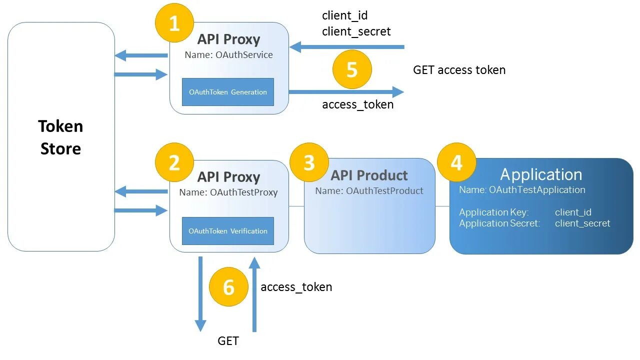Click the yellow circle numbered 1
(x=174, y=23)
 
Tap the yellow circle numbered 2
(x=174, y=162)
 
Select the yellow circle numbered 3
(x=309, y=162)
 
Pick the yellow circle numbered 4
(x=456, y=162)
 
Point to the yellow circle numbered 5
(x=352, y=69)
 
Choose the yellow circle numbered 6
(x=228, y=287)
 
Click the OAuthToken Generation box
(x=228, y=92)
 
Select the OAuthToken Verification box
(x=228, y=231)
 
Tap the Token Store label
(x=60, y=137)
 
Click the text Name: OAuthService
(x=228, y=55)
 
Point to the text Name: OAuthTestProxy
(x=228, y=192)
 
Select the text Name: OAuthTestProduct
(x=369, y=191)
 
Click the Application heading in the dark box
(x=541, y=174)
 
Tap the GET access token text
(x=459, y=70)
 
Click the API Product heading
(x=369, y=175)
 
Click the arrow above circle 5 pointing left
(x=346, y=47)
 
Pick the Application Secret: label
(x=499, y=223)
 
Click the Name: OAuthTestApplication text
(x=522, y=190)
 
